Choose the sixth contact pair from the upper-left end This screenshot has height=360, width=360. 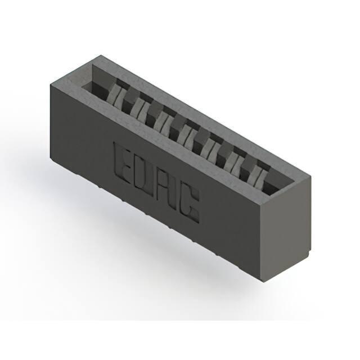coord(234,161)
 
